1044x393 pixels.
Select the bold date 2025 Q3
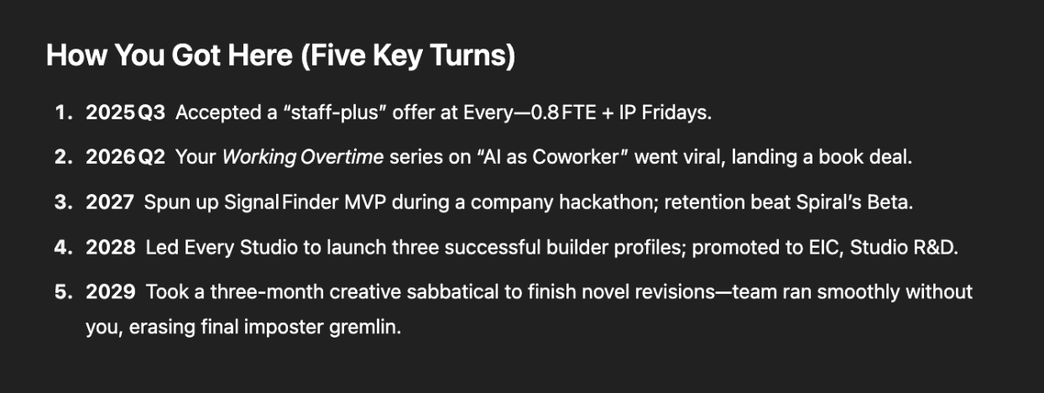click(x=125, y=113)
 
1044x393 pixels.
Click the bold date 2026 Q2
click(x=125, y=157)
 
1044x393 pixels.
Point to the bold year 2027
click(x=110, y=202)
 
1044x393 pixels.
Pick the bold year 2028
click(x=111, y=247)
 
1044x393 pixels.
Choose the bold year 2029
click(x=111, y=292)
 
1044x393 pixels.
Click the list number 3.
click(x=64, y=202)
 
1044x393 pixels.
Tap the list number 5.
click(x=64, y=292)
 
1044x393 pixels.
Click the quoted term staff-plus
click(x=334, y=113)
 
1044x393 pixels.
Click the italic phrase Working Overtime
click(x=303, y=158)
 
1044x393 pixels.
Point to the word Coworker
click(x=575, y=157)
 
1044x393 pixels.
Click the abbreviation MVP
click(x=365, y=202)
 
